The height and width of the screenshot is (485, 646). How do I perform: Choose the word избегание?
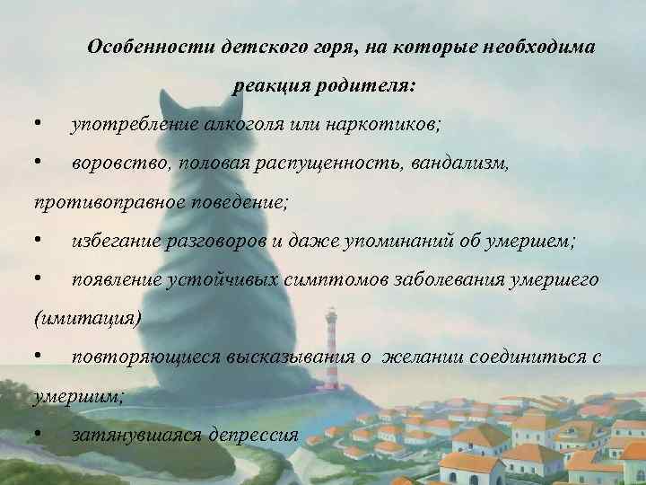coord(115,241)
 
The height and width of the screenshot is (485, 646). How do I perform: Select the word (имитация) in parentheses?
coord(74,319)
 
